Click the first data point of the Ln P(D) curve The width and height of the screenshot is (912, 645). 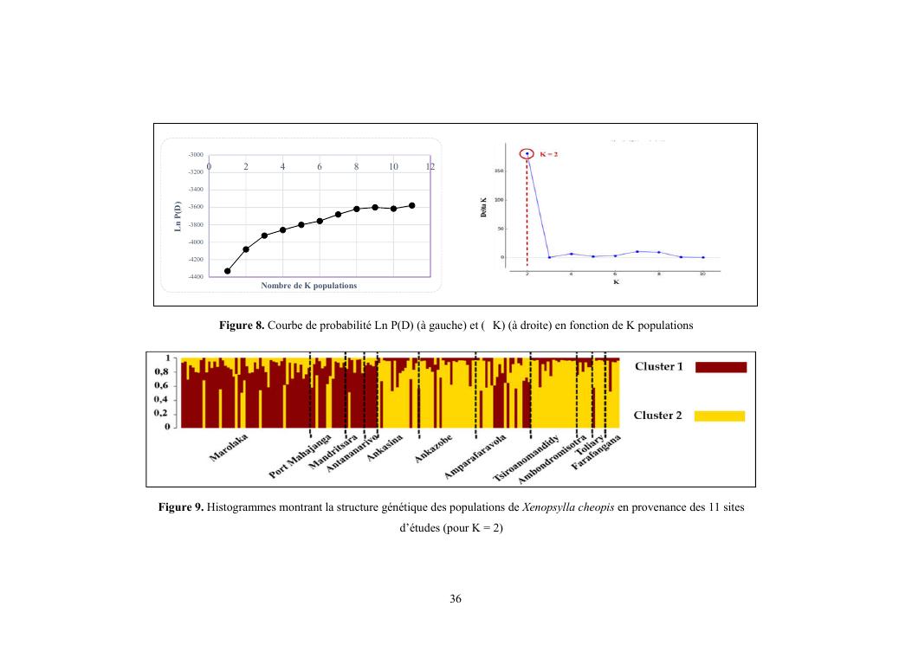[228, 271]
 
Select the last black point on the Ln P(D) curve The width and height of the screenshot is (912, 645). [412, 205]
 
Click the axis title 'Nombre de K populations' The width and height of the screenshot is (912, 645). [308, 286]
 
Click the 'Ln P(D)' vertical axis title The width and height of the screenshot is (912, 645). [177, 216]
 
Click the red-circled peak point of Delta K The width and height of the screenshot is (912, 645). [527, 154]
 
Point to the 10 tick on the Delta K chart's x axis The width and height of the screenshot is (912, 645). [703, 274]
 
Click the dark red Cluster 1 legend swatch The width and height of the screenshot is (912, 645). [720, 367]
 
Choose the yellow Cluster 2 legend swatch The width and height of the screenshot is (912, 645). [719, 416]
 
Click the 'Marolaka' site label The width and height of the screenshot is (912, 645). [228, 448]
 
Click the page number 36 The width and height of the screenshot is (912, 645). [456, 599]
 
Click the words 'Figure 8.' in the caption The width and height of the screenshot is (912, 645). [242, 326]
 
